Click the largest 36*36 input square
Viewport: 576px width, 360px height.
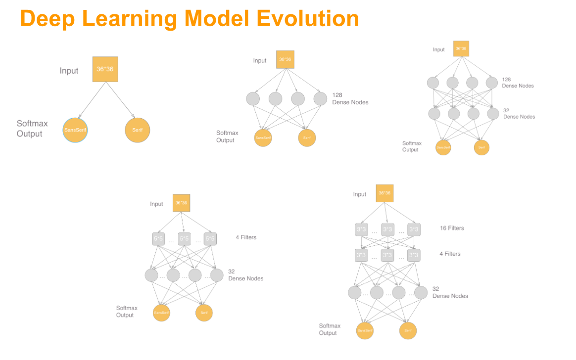[105, 69]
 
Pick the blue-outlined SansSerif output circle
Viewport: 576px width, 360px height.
[75, 130]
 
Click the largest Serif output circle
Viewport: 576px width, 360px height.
[137, 130]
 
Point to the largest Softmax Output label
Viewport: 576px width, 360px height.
[32, 129]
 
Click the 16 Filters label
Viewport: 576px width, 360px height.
[452, 228]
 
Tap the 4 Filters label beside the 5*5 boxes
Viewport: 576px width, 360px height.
[246, 237]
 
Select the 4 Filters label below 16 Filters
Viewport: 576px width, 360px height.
[450, 254]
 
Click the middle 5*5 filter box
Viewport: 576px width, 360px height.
[184, 239]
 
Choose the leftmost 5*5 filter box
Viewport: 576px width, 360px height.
[158, 239]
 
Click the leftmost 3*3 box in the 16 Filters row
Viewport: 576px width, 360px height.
[362, 229]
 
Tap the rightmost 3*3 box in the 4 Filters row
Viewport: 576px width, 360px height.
[414, 255]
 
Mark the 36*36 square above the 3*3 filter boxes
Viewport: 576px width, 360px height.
[384, 193]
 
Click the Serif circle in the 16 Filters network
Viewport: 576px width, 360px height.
[408, 330]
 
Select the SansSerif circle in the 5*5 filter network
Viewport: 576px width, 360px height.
[161, 313]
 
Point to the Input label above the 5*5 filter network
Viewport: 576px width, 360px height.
[157, 204]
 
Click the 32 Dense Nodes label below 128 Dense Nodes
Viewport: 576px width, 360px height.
[519, 114]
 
